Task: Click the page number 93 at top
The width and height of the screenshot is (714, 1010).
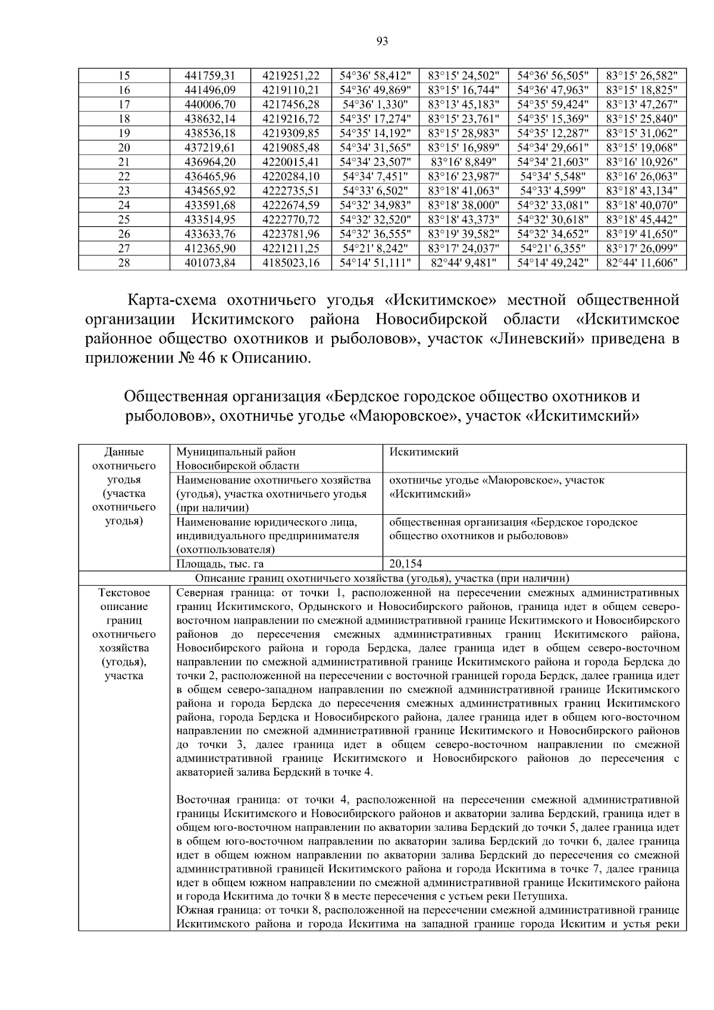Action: (x=382, y=41)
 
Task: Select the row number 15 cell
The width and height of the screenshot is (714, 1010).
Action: (x=124, y=76)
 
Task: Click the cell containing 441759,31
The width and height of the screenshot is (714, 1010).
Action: (x=210, y=76)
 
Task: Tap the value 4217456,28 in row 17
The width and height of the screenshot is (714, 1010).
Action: (x=291, y=104)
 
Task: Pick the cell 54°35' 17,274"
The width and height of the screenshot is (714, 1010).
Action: (x=375, y=118)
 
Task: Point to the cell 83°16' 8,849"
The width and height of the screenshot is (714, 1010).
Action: (x=463, y=162)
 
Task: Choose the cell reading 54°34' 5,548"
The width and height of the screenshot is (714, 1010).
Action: (x=553, y=176)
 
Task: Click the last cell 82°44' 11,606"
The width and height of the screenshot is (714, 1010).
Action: (x=641, y=262)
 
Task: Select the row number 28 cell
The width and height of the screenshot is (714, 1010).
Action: (x=124, y=262)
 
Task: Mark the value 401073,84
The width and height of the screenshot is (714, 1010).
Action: (x=210, y=262)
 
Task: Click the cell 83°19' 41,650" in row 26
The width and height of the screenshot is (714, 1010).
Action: (x=641, y=234)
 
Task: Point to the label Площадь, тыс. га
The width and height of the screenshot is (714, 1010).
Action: (x=220, y=564)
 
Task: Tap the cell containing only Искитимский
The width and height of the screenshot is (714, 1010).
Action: (x=424, y=452)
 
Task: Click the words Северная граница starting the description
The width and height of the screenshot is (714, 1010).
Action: (x=217, y=593)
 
